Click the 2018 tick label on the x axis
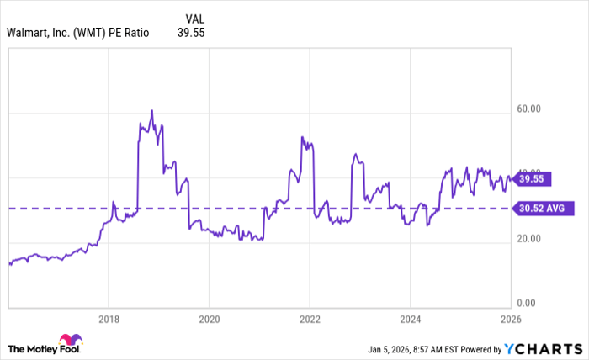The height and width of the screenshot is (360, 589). point(108,320)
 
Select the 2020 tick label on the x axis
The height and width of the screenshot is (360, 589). point(209,320)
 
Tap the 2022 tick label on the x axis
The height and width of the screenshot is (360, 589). point(310,320)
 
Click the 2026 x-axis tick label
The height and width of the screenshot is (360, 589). point(510,320)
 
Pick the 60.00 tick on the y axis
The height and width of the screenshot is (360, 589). point(528,109)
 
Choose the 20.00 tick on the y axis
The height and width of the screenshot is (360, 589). point(528,239)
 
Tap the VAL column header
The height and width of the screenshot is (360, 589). point(194,18)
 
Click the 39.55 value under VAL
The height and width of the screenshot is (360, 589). point(191,34)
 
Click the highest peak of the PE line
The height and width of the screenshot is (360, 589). point(151,110)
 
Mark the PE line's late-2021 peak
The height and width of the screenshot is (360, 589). point(301,137)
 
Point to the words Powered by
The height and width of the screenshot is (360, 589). point(480,348)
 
